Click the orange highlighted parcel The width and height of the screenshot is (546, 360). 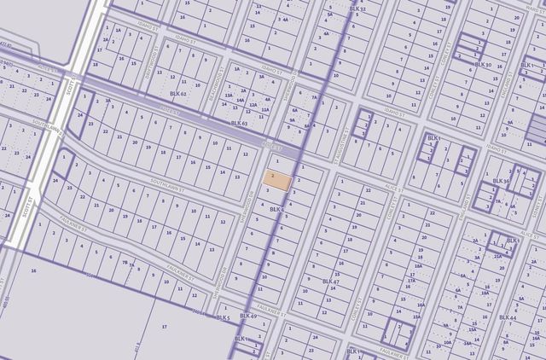pyautogui.click(x=277, y=180)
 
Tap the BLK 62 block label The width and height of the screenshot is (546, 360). pyautogui.click(x=177, y=93)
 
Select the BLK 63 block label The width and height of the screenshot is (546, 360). pyautogui.click(x=238, y=124)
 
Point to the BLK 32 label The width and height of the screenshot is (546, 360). pyautogui.click(x=357, y=9)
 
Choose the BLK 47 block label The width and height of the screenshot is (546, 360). pyautogui.click(x=330, y=281)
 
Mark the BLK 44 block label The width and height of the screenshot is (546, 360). pyautogui.click(x=507, y=317)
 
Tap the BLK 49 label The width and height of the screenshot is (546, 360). pyautogui.click(x=248, y=316)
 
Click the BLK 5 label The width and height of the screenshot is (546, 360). pyautogui.click(x=224, y=317)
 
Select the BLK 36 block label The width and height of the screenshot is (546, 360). pyautogui.click(x=501, y=181)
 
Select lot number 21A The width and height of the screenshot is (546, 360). pyautogui.click(x=496, y=255)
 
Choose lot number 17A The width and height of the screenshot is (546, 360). pyautogui.click(x=411, y=280)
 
